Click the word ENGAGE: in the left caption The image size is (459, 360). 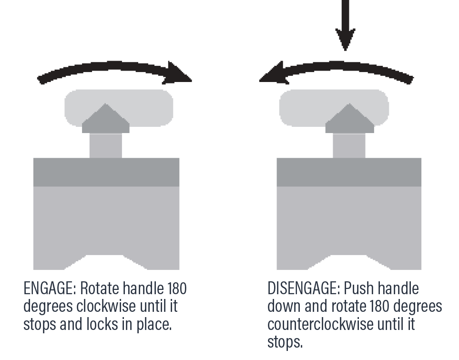coord(50,288)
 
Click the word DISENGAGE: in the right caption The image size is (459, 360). coord(304,288)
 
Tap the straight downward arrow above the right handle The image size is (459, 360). coord(346,25)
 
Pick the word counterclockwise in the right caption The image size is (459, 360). coord(320,324)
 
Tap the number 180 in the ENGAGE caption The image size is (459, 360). coord(177,288)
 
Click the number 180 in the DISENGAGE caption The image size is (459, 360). coord(379,307)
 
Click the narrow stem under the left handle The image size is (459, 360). coord(106,145)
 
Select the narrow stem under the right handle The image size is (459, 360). coord(349,145)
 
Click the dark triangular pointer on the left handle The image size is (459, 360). coord(106,119)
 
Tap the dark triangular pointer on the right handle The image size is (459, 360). coord(349,119)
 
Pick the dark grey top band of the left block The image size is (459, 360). coord(106,172)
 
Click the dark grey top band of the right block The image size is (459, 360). coord(349,172)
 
